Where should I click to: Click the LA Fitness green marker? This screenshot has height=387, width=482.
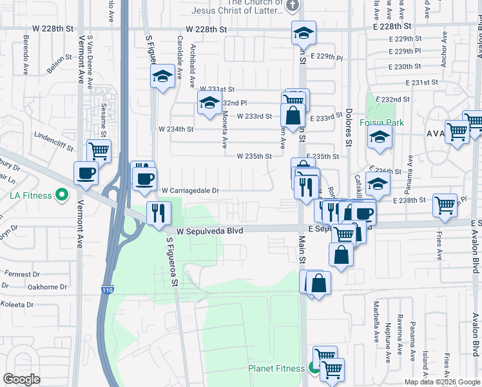coord(62,194)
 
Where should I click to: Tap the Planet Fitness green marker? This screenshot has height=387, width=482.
coord(314,369)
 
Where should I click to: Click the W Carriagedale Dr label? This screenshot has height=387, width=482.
coord(191,191)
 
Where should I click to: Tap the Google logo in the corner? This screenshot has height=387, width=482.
coord(21,379)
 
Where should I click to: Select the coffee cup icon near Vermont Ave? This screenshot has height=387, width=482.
coord(86,172)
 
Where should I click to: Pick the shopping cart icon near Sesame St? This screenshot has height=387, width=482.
coord(99,151)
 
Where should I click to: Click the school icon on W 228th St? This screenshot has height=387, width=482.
coord(304,32)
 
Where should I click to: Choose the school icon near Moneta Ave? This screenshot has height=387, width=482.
coord(209,103)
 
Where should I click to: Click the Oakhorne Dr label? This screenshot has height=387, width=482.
coord(44,287)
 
